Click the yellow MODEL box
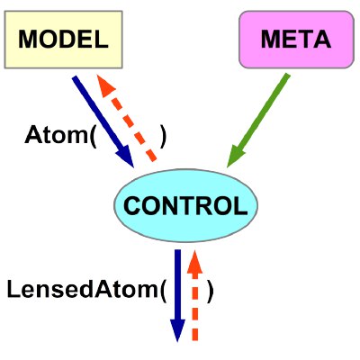tap(63, 40)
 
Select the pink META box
tap(297, 40)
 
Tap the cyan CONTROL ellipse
tap(185, 205)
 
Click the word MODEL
tap(63, 40)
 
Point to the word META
tap(296, 40)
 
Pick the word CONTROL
tap(185, 206)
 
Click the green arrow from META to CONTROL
tap(258, 121)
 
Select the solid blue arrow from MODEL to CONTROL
tap(103, 121)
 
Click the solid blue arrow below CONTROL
tap(177, 295)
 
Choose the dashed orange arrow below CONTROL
tap(194, 295)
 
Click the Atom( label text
tap(60, 136)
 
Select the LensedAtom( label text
tap(86, 291)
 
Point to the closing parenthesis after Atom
tap(163, 136)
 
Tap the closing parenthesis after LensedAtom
tap(211, 291)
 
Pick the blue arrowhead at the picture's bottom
tap(177, 330)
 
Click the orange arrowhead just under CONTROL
tap(194, 262)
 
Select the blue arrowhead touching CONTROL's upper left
tap(125, 156)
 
